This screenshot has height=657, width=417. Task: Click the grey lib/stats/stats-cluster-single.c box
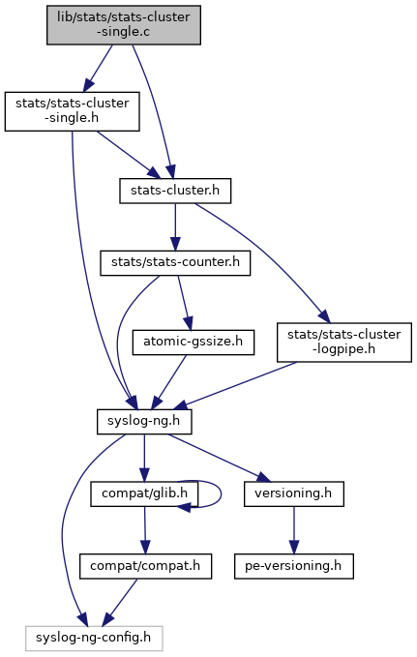coord(124,25)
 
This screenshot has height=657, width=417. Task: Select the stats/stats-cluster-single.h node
coord(73,111)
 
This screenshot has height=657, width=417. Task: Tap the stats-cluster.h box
coord(175,191)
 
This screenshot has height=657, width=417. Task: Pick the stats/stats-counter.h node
coord(175,263)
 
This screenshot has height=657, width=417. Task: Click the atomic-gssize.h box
coord(194,343)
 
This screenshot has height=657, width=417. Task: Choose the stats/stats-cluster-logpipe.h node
coord(344,343)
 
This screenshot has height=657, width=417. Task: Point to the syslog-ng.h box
coord(144,422)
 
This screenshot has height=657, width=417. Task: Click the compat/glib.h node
coord(144,494)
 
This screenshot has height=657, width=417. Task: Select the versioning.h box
coord(294,494)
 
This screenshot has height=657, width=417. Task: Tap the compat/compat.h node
coord(145,566)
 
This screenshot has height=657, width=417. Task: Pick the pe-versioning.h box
coord(294,566)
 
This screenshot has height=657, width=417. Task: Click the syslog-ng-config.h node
coord(94,639)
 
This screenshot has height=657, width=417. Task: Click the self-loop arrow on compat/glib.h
coord(221,494)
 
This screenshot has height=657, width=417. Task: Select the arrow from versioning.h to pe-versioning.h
coord(294,530)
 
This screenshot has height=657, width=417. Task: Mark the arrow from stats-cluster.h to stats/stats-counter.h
coord(175,227)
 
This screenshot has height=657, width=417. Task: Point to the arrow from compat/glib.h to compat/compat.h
coord(145,530)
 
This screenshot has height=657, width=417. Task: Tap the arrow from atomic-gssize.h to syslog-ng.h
coord(168,382)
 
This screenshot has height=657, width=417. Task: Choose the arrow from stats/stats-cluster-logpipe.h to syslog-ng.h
coord(235,386)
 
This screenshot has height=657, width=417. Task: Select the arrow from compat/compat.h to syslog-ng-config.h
coord(120,603)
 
